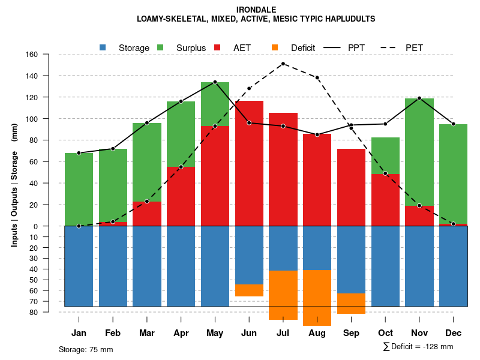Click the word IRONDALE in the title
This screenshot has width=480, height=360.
pyautogui.click(x=256, y=10)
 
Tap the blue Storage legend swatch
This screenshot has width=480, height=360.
pyautogui.click(x=103, y=47)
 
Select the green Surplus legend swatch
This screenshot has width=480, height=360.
pyautogui.click(x=160, y=47)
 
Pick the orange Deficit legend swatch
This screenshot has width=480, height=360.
pyautogui.click(x=275, y=47)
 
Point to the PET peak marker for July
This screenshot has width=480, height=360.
pyautogui.click(x=283, y=64)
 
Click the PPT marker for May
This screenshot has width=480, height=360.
pyautogui.click(x=215, y=82)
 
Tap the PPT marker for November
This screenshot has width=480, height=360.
pyautogui.click(x=419, y=98)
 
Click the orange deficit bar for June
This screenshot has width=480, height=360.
pyautogui.click(x=249, y=290)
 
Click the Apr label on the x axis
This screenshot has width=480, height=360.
pyautogui.click(x=181, y=333)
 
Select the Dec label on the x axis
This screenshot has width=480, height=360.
pyautogui.click(x=454, y=333)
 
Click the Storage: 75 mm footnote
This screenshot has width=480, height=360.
pyautogui.click(x=86, y=349)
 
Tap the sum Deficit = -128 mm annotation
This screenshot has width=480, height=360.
pyautogui.click(x=418, y=347)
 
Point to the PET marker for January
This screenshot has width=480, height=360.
pyautogui.click(x=79, y=226)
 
